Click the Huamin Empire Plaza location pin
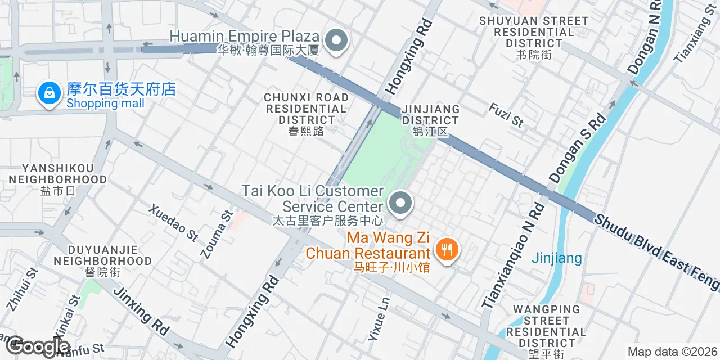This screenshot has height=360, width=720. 337,41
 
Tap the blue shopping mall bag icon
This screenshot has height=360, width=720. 49,93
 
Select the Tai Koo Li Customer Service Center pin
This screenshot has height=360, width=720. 400,204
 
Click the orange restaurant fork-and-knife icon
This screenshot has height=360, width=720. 447,249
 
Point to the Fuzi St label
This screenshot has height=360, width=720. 506,115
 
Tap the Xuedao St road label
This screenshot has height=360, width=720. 174,223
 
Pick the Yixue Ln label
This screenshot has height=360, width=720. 379,319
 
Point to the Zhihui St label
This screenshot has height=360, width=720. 22,289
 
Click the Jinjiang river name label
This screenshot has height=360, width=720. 557,258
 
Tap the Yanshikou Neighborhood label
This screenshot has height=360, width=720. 58,179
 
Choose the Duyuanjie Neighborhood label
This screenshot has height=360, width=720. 102,261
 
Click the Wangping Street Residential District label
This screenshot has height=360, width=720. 546,332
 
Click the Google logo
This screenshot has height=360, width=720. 38,346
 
